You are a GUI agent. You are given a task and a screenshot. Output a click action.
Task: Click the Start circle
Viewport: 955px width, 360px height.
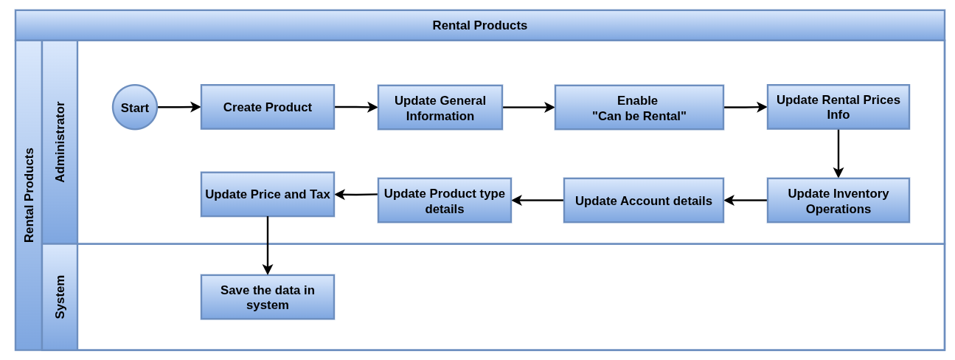(135, 107)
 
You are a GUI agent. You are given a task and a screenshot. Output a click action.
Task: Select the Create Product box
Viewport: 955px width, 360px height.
(268, 107)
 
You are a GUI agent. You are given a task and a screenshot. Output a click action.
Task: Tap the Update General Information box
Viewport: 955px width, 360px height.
(440, 108)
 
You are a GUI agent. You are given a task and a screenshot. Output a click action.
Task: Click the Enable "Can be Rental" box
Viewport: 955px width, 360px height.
(639, 108)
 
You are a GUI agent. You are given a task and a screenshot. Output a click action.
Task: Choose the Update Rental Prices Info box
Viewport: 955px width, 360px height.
(838, 107)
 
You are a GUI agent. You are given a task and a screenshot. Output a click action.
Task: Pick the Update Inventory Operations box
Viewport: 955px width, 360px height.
(838, 201)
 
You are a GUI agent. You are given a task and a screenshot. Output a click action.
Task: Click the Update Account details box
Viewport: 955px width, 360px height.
(643, 201)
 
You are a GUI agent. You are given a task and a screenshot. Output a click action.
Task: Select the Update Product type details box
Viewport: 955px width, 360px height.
(444, 201)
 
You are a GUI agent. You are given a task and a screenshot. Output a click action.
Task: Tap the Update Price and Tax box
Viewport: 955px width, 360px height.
(268, 195)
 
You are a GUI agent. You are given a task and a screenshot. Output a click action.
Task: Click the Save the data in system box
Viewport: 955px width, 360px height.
(268, 297)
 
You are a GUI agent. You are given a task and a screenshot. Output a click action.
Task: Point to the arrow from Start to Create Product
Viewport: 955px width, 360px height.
(179, 107)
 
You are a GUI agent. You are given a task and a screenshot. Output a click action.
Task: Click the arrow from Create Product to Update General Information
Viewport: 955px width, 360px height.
(356, 107)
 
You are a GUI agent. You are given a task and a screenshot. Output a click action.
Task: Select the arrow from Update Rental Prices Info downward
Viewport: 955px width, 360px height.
(838, 153)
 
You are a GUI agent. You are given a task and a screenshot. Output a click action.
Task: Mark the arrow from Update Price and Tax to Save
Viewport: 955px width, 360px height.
(268, 246)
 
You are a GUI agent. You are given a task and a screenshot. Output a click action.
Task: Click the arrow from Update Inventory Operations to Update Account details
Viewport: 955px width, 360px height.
(746, 200)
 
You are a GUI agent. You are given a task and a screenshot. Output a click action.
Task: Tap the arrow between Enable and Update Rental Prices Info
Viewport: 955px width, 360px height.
(746, 107)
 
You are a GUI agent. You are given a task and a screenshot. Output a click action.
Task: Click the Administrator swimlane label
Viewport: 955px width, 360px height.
(60, 142)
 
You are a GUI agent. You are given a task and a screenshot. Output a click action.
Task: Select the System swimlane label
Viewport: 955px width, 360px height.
(60, 297)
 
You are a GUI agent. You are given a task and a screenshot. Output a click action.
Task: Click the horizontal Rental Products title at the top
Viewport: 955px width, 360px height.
(479, 25)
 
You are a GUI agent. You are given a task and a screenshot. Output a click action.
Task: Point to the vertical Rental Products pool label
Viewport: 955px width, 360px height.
(29, 195)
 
